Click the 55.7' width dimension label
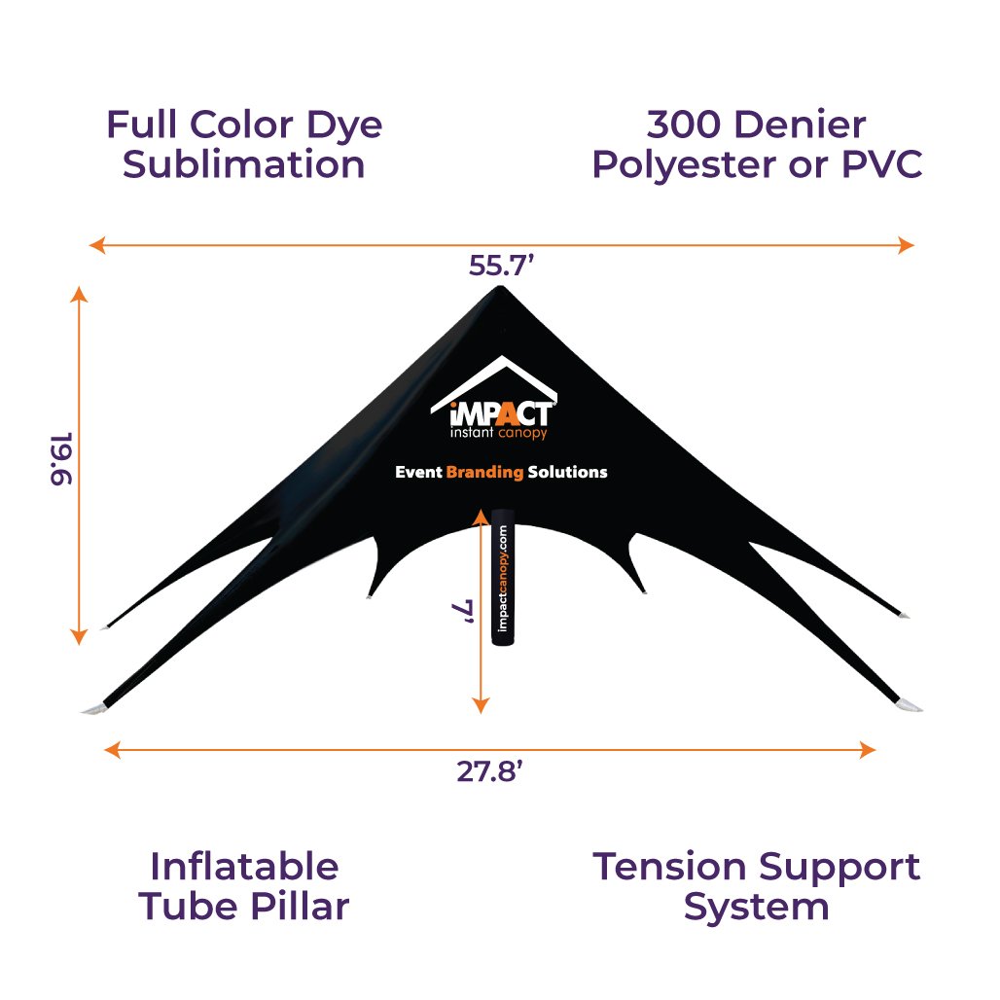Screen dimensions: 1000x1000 [x=501, y=266]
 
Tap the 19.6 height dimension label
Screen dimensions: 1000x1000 [x=62, y=458]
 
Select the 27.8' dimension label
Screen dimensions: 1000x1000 [x=490, y=771]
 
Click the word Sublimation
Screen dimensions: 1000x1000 [x=243, y=164]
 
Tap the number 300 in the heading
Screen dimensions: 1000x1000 [x=684, y=124]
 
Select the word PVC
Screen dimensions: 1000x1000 [x=882, y=164]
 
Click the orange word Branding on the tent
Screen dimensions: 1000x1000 [x=484, y=472]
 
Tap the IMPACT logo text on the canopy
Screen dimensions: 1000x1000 [x=501, y=414]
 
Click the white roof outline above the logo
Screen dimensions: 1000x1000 [x=494, y=381]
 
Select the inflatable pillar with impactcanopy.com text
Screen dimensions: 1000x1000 [x=503, y=577]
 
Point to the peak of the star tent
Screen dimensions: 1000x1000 [x=500, y=287]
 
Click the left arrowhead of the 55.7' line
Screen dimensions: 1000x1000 [x=97, y=245]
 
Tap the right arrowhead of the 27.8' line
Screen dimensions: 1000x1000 [x=868, y=750]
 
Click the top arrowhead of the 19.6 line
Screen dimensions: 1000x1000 [x=79, y=294]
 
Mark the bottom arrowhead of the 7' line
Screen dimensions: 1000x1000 [x=481, y=705]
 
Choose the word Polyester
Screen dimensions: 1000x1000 [x=685, y=165]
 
